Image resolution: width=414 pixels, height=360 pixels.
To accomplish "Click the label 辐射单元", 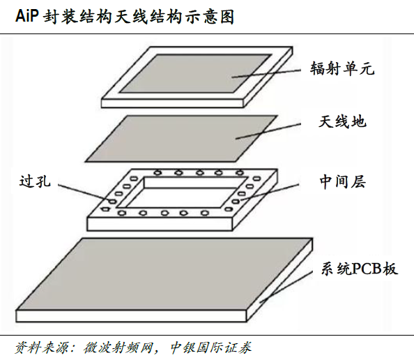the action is pos(342,69).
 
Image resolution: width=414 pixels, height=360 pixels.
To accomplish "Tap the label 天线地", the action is pos(342,122).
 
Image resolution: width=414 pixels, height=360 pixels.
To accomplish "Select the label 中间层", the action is pos(343,181).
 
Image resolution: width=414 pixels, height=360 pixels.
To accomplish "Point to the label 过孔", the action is pos(35,181).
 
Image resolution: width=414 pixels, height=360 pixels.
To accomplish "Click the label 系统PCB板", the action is pos(360,269).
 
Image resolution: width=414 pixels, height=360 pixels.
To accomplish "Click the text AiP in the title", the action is pos(27,16).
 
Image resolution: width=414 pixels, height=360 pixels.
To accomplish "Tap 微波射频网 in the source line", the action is pos(118,347).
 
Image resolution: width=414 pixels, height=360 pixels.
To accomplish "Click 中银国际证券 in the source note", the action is pos(210,347).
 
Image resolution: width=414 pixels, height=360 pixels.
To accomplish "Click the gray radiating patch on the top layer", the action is pos(195,73).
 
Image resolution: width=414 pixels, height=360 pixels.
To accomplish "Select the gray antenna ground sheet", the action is pos(182,138).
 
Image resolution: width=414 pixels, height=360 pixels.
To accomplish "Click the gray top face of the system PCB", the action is pos(164,274).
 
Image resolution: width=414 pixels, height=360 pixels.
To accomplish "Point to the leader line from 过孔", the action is pos(84,192).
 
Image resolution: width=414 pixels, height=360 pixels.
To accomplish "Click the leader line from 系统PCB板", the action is pos(286,287).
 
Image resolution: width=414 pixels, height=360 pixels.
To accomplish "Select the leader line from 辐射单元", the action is pos(266,73).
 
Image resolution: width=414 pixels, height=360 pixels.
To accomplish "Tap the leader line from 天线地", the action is pos(268,131).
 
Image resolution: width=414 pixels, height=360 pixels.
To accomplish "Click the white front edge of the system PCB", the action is pos(131,316).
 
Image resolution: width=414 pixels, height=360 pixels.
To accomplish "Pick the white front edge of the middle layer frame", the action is pos(160,224).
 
